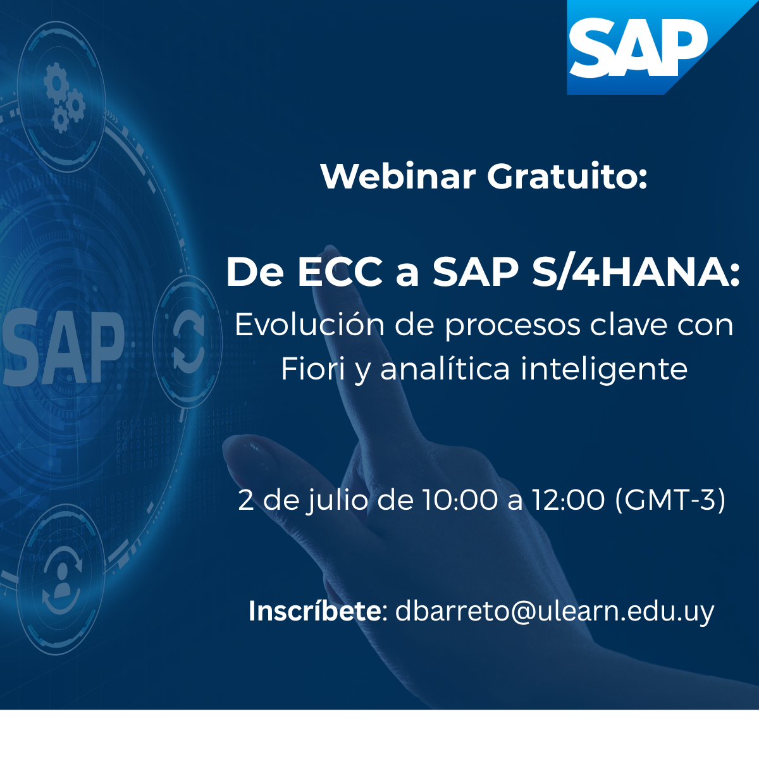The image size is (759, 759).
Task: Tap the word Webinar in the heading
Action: point(398,176)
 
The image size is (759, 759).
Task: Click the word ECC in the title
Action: point(340,273)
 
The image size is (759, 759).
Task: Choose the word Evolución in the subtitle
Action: point(309,325)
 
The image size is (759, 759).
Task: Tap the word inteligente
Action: point(604,369)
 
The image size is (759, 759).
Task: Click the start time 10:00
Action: point(460,500)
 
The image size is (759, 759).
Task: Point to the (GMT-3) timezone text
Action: point(670,500)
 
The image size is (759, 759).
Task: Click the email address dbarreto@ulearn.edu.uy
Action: point(555,612)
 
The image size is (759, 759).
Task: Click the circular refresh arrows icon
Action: point(188,341)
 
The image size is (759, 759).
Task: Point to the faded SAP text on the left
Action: point(63,347)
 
